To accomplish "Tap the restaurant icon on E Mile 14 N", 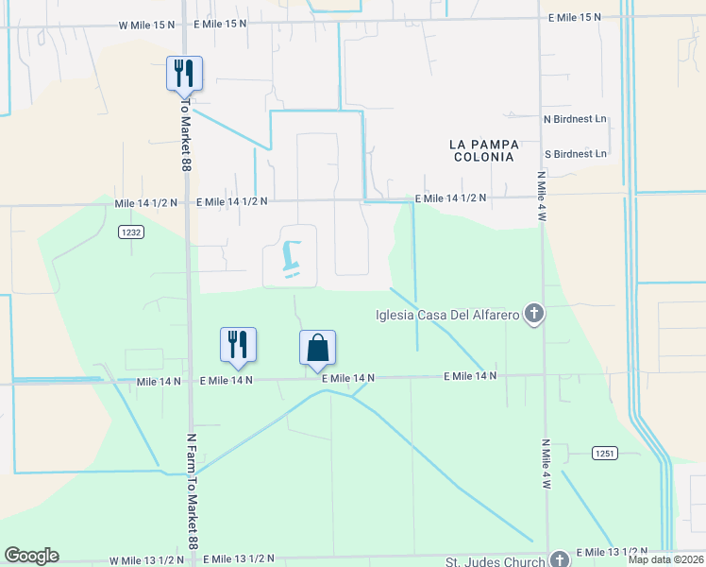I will tap(238, 345).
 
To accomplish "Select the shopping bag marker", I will tap(318, 348).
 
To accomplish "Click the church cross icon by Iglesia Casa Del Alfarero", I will tap(534, 314).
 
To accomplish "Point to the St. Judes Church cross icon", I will tap(560, 559).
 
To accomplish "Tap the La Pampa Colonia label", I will tap(482, 149).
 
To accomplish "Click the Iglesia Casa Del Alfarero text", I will tap(446, 314).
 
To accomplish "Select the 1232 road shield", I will tap(131, 232).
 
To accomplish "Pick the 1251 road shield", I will tap(605, 454).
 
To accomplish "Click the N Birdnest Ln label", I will tap(575, 119).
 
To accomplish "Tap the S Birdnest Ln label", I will tap(575, 153).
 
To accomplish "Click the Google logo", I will tap(31, 556).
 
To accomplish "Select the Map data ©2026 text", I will tap(665, 558).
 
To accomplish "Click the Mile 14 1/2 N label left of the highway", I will tap(145, 202).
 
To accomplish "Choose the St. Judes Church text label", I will tap(498, 561).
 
